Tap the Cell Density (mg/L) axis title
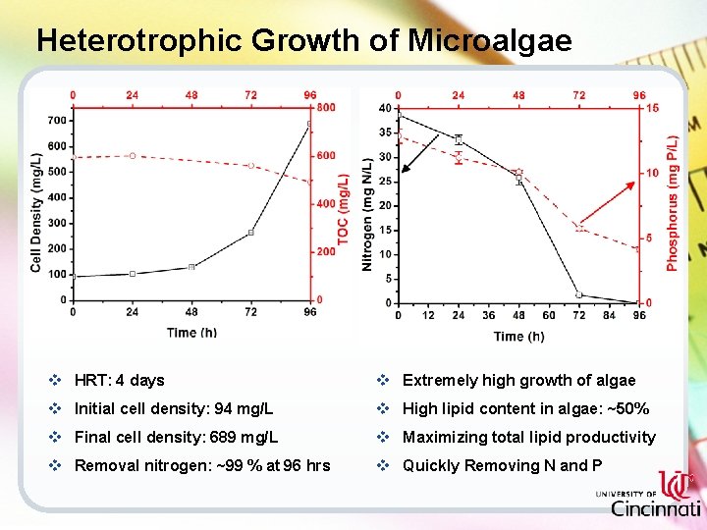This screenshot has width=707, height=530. (x=36, y=211)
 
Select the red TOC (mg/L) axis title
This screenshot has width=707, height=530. (x=343, y=209)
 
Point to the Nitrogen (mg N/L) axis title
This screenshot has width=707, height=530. (x=367, y=214)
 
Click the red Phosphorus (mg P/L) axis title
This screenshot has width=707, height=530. (x=673, y=203)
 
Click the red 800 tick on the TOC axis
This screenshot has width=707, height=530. (x=326, y=107)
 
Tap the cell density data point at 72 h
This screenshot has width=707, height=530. (x=251, y=233)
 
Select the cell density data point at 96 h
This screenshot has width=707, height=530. (x=310, y=124)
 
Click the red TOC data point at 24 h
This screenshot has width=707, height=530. (x=133, y=156)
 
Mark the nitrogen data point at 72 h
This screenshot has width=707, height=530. (x=579, y=294)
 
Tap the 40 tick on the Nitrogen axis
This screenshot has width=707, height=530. (x=384, y=108)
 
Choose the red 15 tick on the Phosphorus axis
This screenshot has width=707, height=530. (x=652, y=108)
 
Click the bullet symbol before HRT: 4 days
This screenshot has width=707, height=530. (x=55, y=380)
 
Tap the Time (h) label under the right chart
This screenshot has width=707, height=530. (x=518, y=336)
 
